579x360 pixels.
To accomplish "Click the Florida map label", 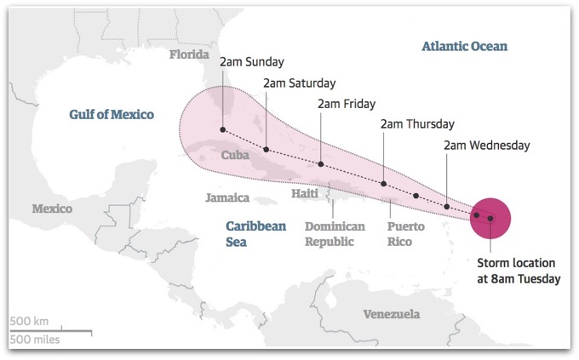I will (x=189, y=55).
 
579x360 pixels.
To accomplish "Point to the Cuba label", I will (x=235, y=156).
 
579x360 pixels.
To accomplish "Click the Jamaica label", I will (x=227, y=198).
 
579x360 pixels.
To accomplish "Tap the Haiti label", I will (x=304, y=194).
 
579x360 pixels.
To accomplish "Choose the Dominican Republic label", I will (x=335, y=234).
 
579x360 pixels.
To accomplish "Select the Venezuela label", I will (x=392, y=314).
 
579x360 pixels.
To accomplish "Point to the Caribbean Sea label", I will (x=255, y=234).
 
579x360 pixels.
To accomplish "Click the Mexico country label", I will (x=52, y=209).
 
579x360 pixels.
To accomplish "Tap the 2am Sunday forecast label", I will (x=251, y=62).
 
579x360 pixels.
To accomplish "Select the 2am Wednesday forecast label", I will (x=487, y=146).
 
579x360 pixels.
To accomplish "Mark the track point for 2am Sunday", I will (x=222, y=130).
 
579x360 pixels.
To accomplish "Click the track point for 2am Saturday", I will (x=266, y=150).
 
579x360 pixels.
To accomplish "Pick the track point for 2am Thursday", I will (x=384, y=183).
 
